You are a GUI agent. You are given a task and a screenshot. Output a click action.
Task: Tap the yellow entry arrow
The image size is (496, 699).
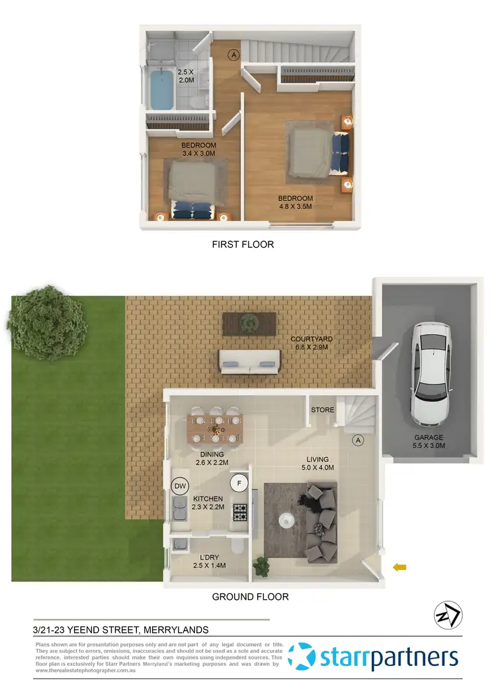click(x=399, y=566)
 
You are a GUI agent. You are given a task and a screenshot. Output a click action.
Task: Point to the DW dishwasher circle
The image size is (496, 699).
click(x=179, y=486)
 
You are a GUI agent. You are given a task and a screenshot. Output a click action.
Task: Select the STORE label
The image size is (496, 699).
click(x=323, y=410)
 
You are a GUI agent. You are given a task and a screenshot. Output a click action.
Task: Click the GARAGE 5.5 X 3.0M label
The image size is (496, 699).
click(x=430, y=441)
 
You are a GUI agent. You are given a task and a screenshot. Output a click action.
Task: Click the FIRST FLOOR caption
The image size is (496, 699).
click(x=243, y=244)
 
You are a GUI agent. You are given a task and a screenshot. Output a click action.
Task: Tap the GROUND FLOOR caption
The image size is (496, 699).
click(x=250, y=597)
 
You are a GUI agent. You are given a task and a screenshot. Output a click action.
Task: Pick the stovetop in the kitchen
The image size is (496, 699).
click(x=238, y=511)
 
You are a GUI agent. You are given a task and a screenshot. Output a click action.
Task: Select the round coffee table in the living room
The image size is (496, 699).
click(x=286, y=519)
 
